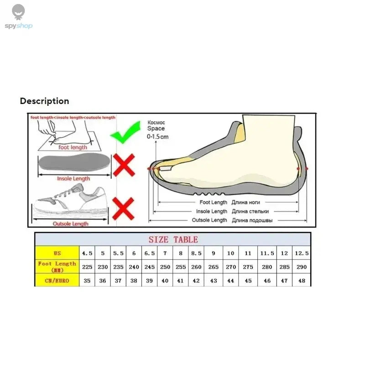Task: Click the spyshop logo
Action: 19,17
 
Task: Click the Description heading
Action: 44,101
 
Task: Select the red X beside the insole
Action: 124,165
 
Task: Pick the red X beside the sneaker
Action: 123,208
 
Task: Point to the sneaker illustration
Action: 71,201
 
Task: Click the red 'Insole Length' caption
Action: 73,179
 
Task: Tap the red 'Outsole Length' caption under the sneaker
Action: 71,224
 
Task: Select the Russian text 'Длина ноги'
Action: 246,202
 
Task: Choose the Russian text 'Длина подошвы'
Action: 252,220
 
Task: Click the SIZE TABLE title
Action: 173,240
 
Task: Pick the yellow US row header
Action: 57,253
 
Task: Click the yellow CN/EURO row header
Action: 57,281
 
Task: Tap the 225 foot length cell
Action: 87,267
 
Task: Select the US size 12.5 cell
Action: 302,253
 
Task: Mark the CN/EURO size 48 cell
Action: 302,281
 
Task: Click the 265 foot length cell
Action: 213,267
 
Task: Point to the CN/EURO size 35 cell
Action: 87,281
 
